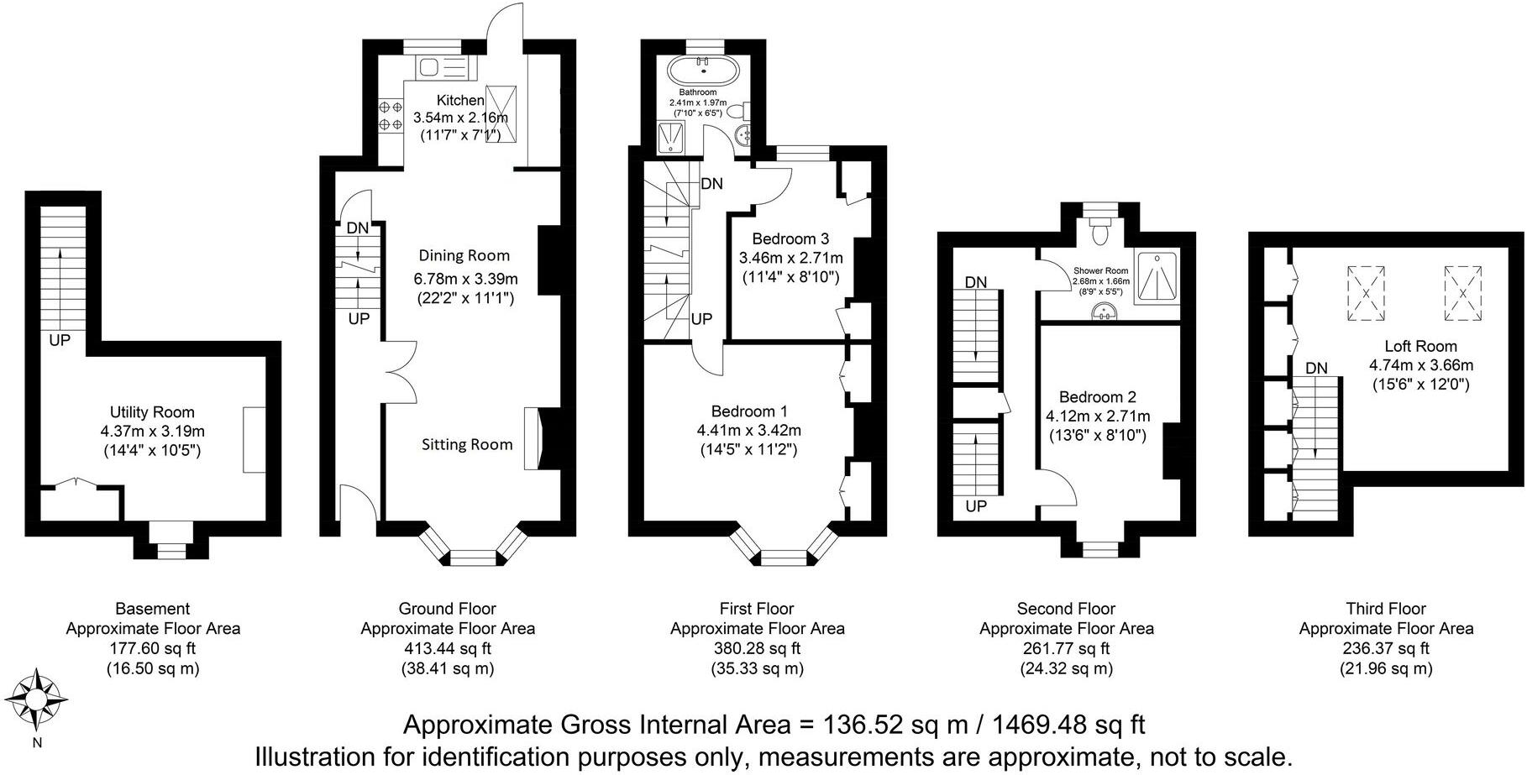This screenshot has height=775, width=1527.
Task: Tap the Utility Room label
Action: click(x=152, y=412)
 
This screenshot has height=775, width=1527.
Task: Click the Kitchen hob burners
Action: click(x=390, y=116)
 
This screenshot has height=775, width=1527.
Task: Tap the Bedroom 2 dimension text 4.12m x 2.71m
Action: click(x=1097, y=416)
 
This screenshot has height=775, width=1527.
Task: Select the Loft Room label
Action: click(x=1420, y=346)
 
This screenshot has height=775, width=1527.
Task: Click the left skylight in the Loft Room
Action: click(x=1366, y=293)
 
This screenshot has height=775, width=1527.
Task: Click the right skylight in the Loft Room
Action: click(x=1463, y=293)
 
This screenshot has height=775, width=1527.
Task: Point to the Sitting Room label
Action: click(x=467, y=444)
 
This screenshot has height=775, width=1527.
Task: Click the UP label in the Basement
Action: click(x=60, y=341)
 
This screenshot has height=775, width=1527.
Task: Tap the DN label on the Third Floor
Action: click(x=1316, y=368)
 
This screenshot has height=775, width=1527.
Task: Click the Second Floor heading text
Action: click(x=1066, y=609)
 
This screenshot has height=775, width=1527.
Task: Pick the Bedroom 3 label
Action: click(x=790, y=238)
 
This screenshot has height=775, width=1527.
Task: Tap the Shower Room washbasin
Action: click(x=1103, y=312)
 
